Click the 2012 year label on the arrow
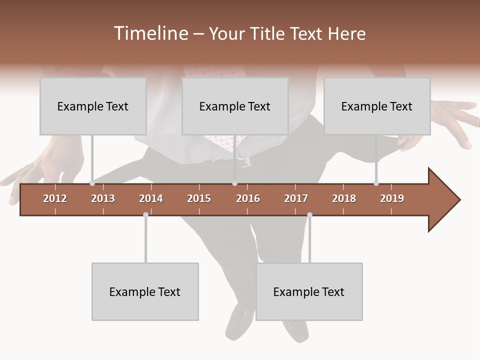55,198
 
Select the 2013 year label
103,198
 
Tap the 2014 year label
151,198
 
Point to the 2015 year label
199,198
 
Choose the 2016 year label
248,198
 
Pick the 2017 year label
296,198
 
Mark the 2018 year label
344,198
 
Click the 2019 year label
392,198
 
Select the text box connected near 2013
93,106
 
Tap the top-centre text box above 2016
235,106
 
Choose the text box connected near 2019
377,106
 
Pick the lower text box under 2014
145,291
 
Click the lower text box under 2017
309,291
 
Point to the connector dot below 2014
145,214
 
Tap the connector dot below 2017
309,214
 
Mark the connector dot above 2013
92,183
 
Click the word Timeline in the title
150,33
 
